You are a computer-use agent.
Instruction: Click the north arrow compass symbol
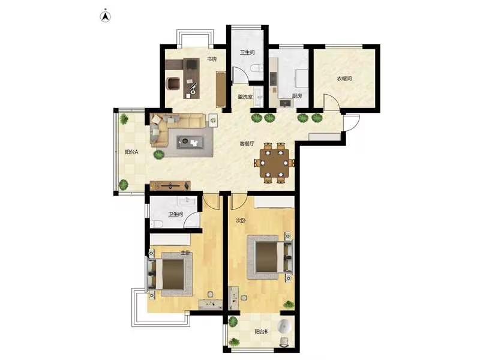tap(105, 17)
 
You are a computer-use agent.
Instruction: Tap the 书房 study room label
tap(212, 59)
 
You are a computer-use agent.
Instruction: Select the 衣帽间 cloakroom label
tap(344, 79)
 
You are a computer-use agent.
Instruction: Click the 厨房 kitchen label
tap(296, 96)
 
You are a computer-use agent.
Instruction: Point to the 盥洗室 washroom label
tap(245, 97)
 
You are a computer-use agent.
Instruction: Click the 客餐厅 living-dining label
tap(247, 143)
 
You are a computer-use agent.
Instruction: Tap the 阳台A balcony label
tap(131, 152)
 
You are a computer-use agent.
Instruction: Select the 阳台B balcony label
tap(262, 332)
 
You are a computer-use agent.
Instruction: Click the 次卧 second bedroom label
tap(241, 220)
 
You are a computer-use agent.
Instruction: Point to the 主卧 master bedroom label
tap(185, 253)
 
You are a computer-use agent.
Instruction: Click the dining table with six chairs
tap(274, 163)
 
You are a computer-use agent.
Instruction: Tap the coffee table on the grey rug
tap(190, 142)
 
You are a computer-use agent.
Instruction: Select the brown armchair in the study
tap(173, 83)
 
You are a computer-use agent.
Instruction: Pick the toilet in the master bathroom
tap(156, 224)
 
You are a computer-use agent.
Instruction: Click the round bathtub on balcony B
tap(284, 326)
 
